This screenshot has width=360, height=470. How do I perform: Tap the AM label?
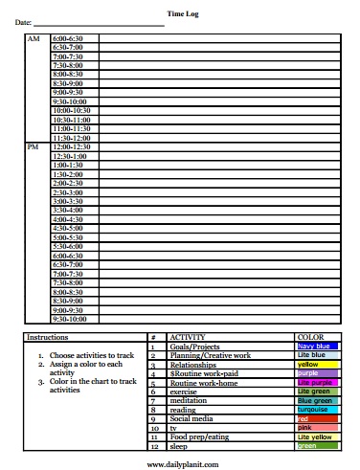[x=34, y=39]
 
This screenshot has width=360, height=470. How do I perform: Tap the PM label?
[x=34, y=146]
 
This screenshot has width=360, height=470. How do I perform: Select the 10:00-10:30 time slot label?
[x=69, y=110]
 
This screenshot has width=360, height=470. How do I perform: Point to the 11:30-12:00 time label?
[x=69, y=137]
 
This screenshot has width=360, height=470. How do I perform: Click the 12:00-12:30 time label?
[x=69, y=146]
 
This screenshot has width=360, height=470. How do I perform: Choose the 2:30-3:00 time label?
[x=69, y=191]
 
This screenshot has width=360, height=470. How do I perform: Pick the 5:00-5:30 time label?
[x=69, y=237]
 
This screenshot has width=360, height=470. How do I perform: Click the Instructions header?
[x=47, y=338]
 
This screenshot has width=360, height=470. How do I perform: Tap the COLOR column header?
[x=311, y=338]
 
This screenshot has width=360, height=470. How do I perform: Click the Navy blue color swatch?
[x=319, y=347]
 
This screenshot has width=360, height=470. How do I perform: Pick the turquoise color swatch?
[x=319, y=409]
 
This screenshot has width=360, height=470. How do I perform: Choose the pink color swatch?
[x=319, y=427]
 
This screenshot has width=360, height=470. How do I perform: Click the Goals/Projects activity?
[x=195, y=347]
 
